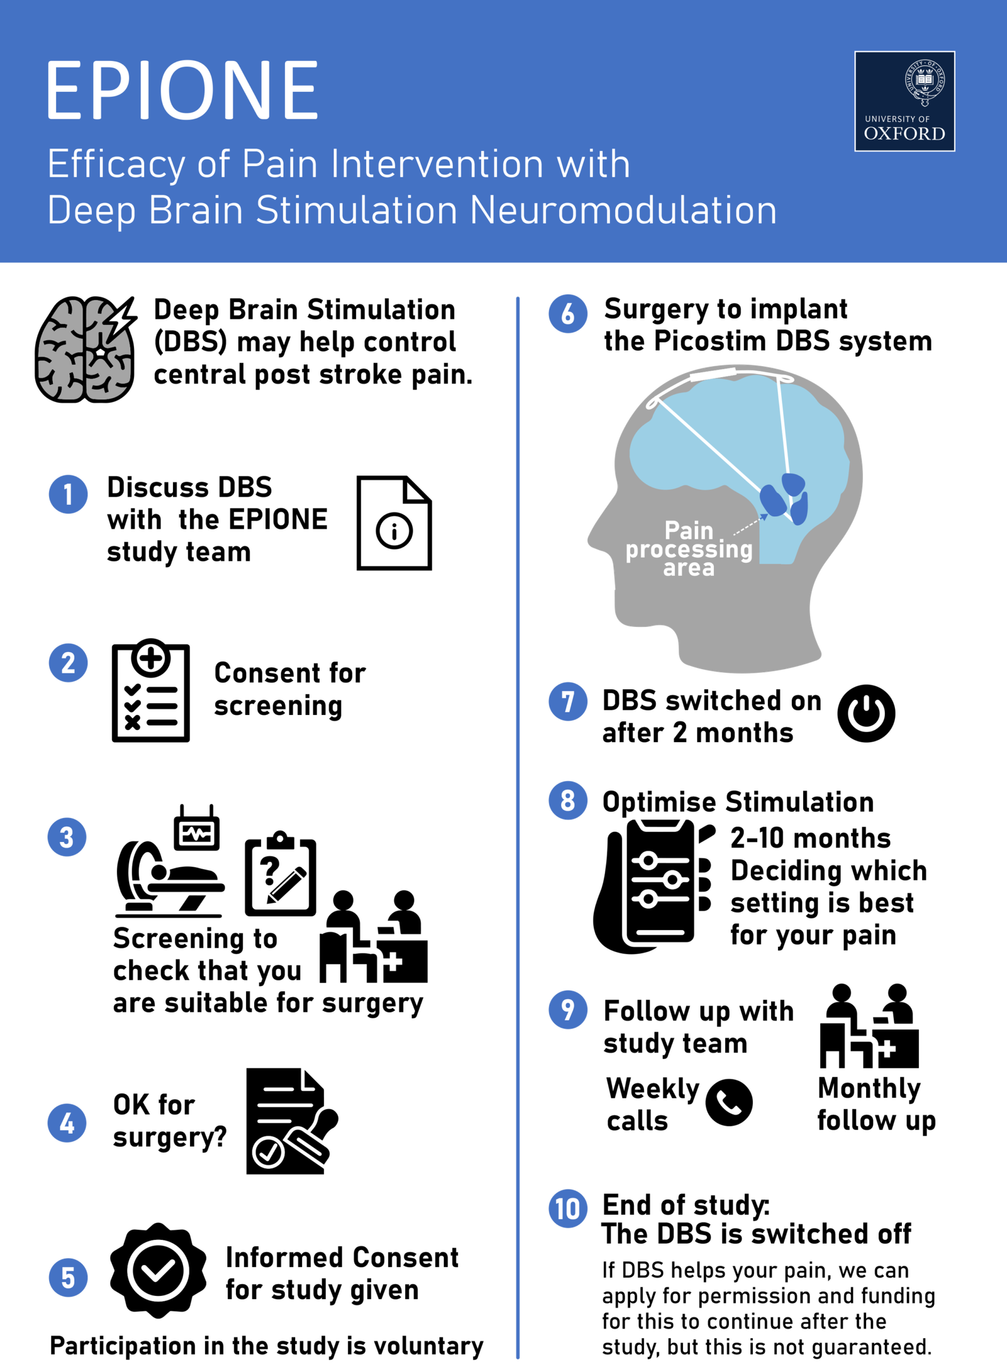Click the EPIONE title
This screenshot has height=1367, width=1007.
click(182, 90)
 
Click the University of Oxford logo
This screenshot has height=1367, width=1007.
click(904, 101)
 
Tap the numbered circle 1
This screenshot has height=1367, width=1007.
click(68, 494)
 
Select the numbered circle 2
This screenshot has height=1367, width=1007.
click(68, 663)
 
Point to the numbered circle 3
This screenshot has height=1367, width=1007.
click(67, 837)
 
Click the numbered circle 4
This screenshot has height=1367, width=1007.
click(67, 1123)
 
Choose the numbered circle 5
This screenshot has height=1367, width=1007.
click(68, 1277)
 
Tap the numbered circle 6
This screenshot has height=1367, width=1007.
click(568, 313)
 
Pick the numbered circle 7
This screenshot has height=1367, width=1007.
click(568, 701)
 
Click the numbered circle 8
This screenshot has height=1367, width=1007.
click(568, 800)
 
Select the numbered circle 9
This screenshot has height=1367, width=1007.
click(568, 1010)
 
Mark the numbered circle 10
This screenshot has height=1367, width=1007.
click(568, 1208)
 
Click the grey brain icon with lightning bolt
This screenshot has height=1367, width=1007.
click(85, 350)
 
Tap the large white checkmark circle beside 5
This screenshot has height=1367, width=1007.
click(158, 1270)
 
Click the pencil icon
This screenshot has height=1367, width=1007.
click(286, 885)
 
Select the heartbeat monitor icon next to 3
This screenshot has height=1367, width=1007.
click(197, 834)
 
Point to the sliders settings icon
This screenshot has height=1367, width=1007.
click(660, 879)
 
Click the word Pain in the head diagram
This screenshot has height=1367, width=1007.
click(689, 530)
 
